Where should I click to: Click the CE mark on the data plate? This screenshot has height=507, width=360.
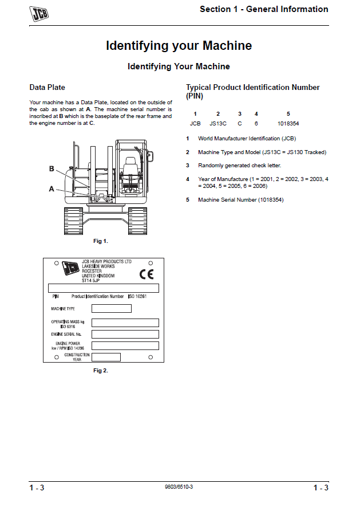[x=147, y=274]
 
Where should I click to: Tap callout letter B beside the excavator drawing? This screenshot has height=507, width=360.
[x=52, y=169]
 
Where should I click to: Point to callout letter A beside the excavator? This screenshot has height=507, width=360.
[x=52, y=188]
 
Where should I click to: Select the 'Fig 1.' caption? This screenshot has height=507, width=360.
[x=101, y=241]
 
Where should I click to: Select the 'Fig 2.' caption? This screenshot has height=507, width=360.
[x=101, y=371]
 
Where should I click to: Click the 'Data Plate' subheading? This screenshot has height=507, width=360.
[x=47, y=88]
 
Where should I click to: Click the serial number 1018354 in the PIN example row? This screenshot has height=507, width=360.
[x=288, y=123]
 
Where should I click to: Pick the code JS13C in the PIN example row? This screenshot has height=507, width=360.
[x=218, y=123]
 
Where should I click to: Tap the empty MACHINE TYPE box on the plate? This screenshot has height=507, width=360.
[x=112, y=309]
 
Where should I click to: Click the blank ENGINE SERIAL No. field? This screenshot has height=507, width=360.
[x=125, y=334]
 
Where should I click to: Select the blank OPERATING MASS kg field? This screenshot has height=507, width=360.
[x=125, y=323]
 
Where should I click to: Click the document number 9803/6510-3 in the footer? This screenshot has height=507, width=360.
[x=179, y=486]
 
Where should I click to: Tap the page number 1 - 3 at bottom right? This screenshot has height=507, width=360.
[x=321, y=488]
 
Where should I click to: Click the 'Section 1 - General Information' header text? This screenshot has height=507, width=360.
[x=264, y=9]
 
